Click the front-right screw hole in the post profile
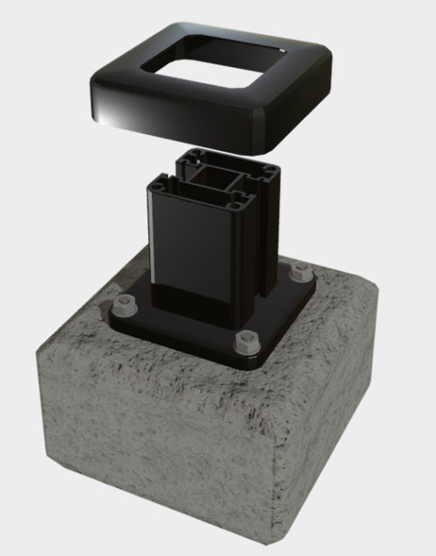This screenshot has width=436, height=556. [x=235, y=202]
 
